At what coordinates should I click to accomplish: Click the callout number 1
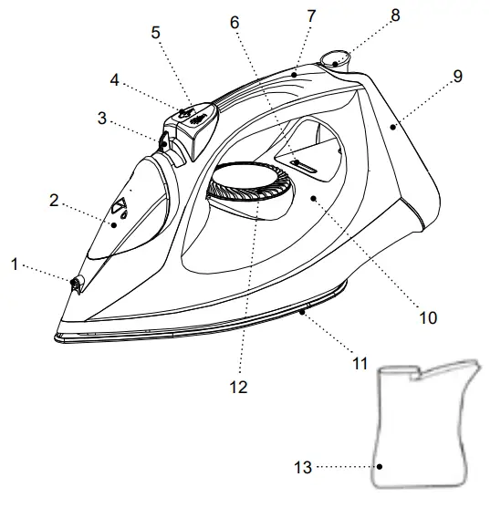(14, 264)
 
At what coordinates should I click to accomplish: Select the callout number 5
(155, 32)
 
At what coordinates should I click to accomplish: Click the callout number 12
(239, 387)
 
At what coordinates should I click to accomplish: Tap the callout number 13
(303, 468)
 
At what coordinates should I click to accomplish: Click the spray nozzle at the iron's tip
(74, 285)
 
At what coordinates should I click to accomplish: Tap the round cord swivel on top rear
(336, 61)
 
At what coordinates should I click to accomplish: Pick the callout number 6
(235, 19)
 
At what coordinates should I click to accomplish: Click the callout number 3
(104, 118)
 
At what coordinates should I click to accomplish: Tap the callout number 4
(115, 79)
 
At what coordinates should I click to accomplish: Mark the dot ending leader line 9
(392, 128)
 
